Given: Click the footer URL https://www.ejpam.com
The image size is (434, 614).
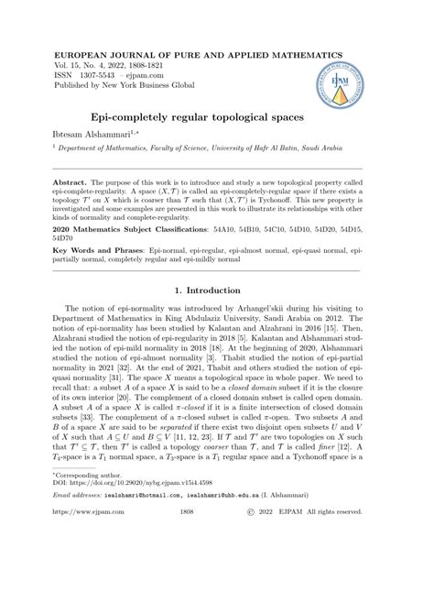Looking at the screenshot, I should [x=81, y=587].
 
